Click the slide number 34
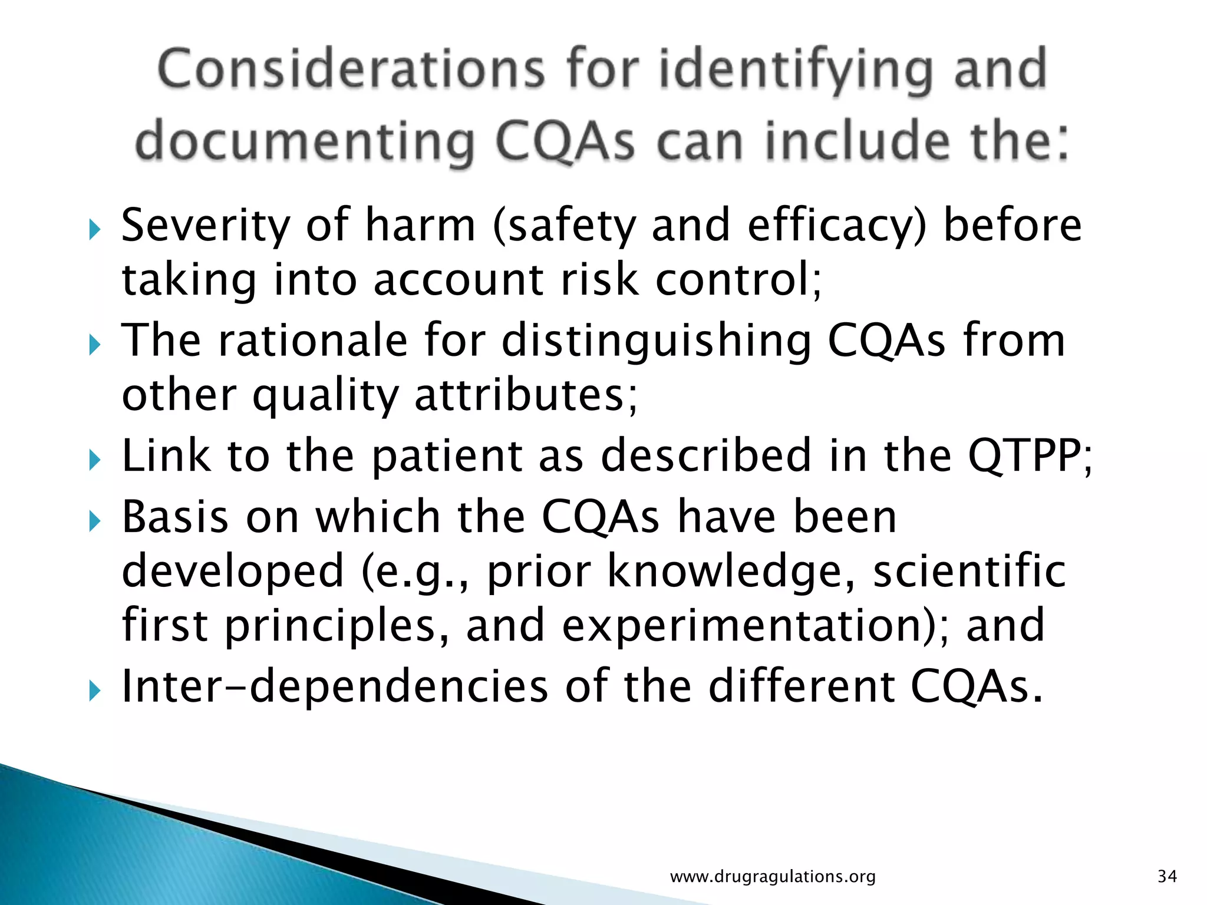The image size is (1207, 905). click(x=1167, y=877)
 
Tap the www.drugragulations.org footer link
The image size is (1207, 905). click(x=773, y=877)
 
